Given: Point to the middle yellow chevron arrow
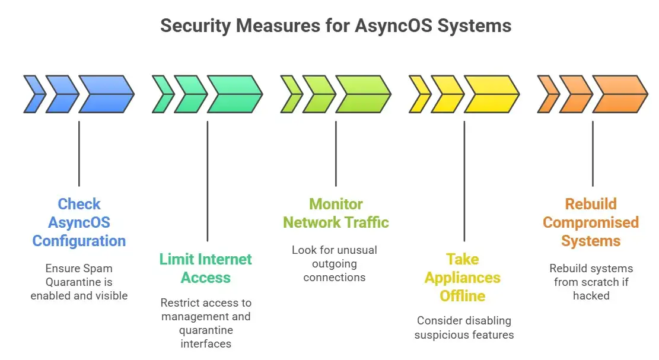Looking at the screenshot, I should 447,94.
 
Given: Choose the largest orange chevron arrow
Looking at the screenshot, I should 619,94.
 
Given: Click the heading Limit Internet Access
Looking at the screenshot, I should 205,268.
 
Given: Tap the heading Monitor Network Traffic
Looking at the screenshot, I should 336,214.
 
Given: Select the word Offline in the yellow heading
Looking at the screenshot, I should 463,296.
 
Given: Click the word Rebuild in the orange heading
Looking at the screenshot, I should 591,205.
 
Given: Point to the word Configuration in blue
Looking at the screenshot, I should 79,241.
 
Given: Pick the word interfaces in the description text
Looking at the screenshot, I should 205,343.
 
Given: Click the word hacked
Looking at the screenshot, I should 591,295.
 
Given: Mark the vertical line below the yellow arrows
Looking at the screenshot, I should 464,180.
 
